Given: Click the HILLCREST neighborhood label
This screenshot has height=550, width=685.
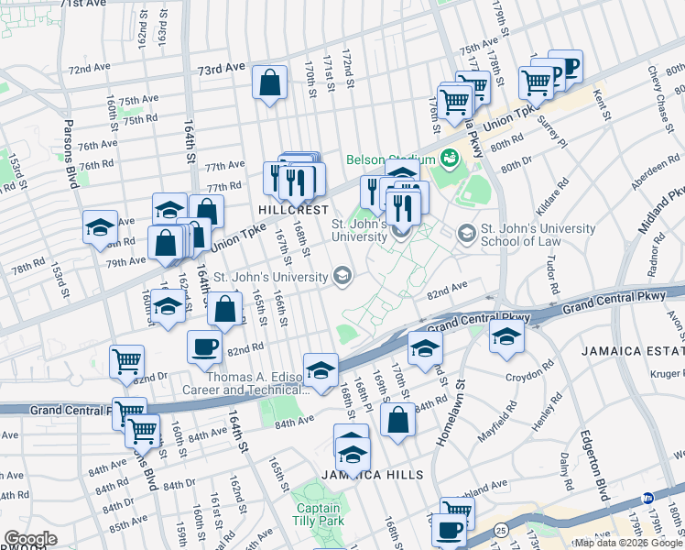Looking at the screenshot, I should (293, 210).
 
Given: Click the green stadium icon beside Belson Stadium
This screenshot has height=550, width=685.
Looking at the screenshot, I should (449, 159).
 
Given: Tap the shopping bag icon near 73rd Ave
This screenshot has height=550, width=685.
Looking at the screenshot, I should (271, 83).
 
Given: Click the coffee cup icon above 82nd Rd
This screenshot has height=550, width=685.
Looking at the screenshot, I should (204, 346).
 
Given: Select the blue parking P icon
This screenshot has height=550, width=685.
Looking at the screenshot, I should (567, 65).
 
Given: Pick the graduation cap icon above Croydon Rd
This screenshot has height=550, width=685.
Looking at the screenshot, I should (506, 335).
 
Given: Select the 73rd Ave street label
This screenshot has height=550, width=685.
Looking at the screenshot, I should (223, 68).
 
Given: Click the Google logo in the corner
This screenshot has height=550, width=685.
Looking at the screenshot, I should (30, 539).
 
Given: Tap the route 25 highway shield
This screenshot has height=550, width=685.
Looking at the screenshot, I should (500, 530).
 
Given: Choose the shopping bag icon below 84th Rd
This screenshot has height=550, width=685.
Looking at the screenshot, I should (398, 423).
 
